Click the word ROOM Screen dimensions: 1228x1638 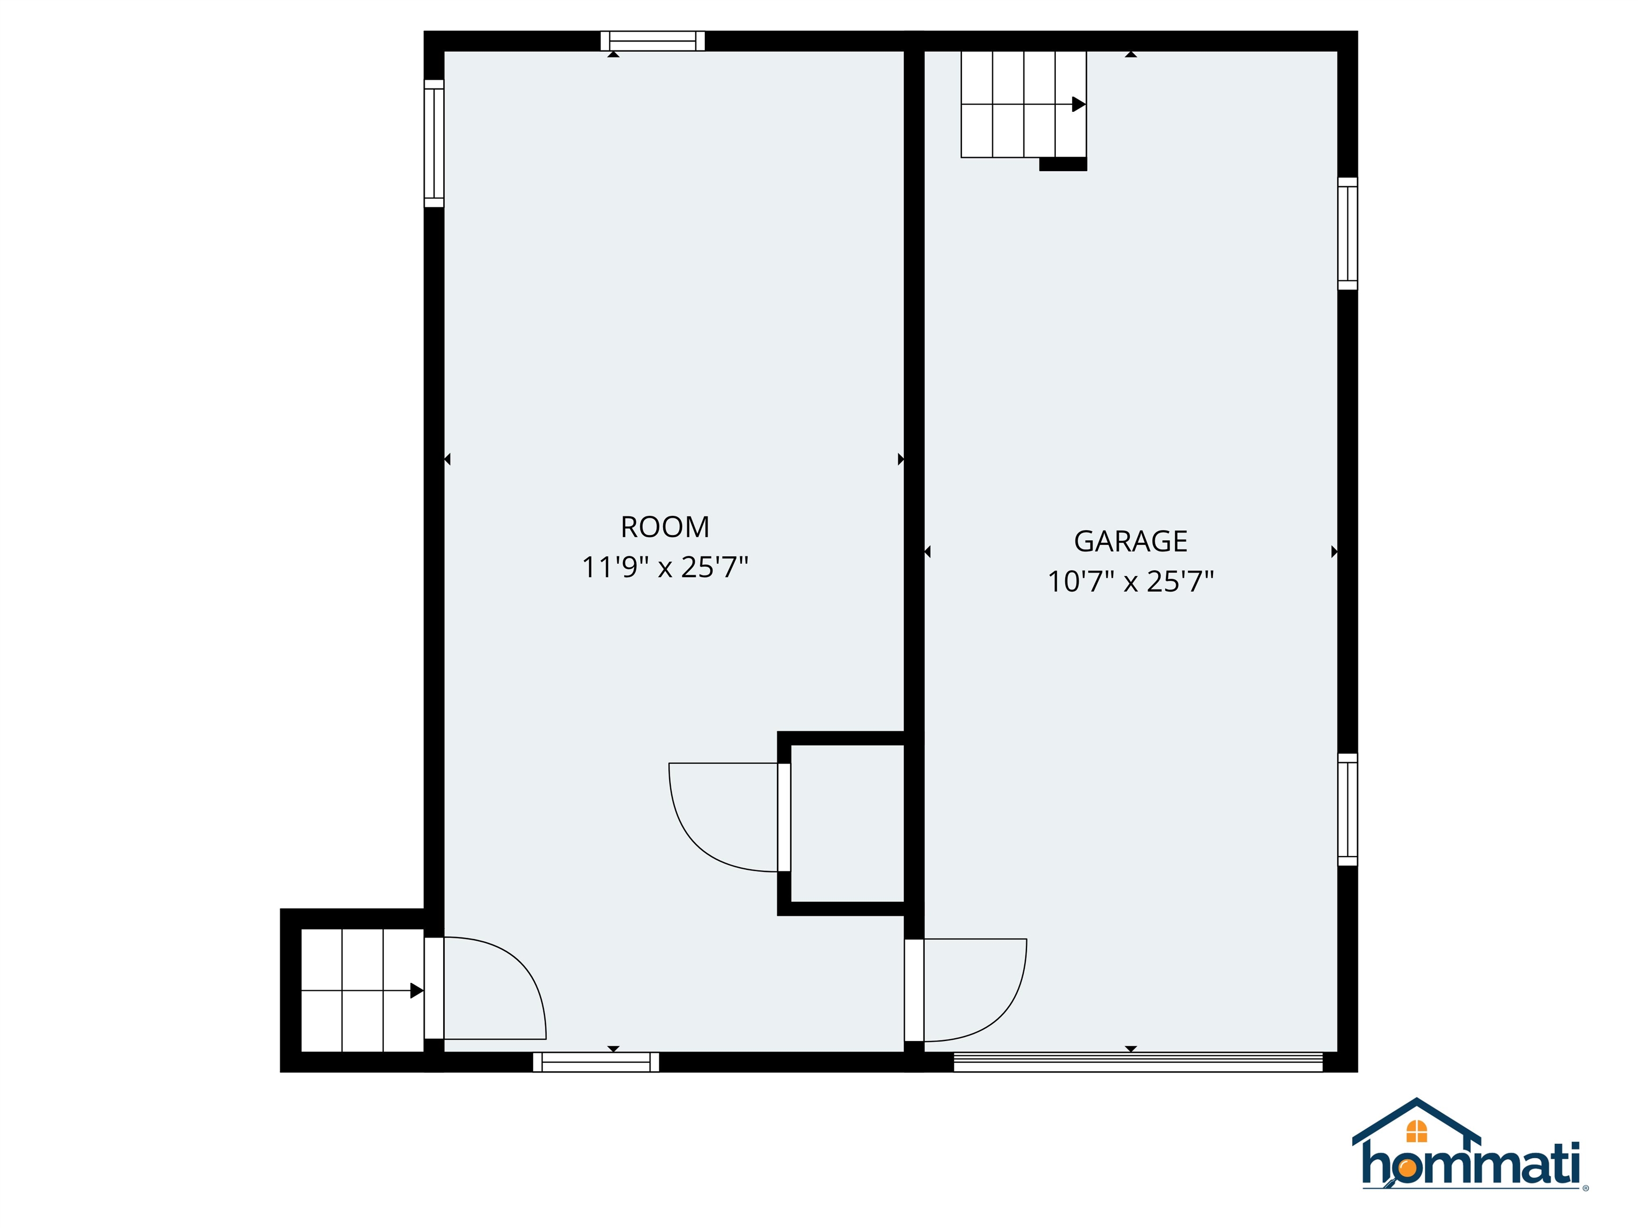[665, 527]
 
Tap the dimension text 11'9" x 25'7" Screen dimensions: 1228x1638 [665, 567]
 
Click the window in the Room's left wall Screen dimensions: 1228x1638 [434, 143]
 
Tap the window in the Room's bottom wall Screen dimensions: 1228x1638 [596, 1062]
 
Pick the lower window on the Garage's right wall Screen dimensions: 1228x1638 [1348, 809]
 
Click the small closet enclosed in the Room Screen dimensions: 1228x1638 [847, 823]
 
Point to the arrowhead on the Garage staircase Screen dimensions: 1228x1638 [1079, 104]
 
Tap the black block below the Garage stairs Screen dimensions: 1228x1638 [1063, 164]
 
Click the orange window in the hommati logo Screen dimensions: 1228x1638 [1417, 1131]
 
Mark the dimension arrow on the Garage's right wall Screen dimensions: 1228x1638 [1335, 552]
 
